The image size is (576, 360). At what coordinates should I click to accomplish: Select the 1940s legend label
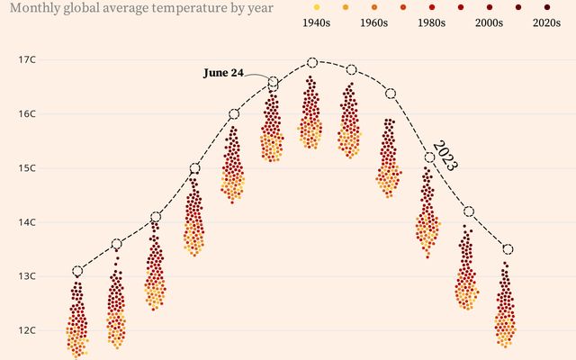tap(316, 22)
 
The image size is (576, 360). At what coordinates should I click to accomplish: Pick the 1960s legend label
tap(375, 22)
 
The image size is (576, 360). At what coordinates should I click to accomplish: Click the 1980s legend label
tap(432, 22)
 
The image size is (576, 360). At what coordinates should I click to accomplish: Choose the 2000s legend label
tap(490, 22)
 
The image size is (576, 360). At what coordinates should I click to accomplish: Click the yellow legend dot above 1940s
tap(316, 6)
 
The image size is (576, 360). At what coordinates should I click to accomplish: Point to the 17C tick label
tap(26, 59)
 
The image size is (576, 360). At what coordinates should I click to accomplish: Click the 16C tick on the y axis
tap(26, 113)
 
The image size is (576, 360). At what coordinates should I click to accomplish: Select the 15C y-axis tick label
tap(26, 167)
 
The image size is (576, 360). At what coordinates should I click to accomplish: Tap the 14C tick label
tap(26, 221)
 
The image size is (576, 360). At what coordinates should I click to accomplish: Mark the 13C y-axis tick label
tap(26, 275)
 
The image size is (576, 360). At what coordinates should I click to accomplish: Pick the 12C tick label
tap(26, 329)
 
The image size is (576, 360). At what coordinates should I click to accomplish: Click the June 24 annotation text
tap(223, 73)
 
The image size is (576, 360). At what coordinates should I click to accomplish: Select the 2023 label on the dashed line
tap(445, 155)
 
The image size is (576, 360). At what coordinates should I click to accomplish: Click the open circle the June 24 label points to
tap(273, 83)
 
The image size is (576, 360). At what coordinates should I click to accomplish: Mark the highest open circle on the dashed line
tap(312, 62)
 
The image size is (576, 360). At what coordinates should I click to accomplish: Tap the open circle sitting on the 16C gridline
tap(234, 113)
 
